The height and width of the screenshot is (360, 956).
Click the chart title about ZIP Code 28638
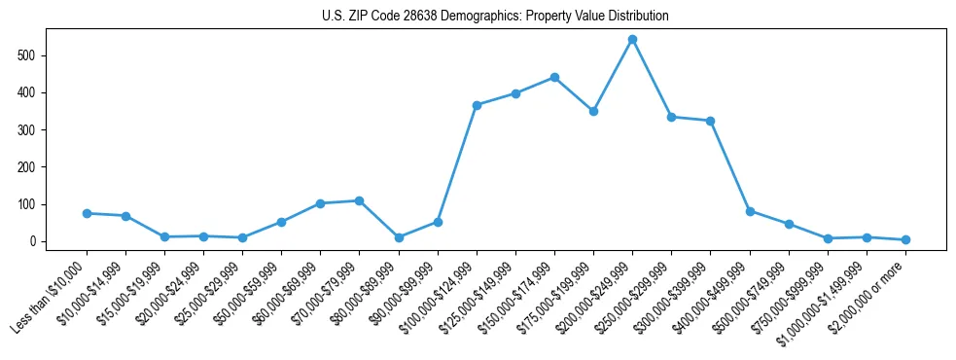495,16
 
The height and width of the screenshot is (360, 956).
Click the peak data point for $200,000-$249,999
632,40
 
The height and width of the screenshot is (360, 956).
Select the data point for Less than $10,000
87,213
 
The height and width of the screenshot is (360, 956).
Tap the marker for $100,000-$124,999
477,105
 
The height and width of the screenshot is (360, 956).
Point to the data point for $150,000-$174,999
554,77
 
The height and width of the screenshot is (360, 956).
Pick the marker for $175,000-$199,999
593,111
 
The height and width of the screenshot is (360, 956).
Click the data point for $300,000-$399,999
710,121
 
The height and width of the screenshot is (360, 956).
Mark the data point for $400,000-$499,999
750,211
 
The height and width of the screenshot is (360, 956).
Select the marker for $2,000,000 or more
905,239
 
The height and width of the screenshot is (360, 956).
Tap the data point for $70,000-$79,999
359,200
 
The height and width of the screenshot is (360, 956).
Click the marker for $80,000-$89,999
399,237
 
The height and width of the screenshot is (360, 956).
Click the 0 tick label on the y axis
34,241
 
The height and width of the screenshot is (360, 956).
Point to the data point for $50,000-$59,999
281,222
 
